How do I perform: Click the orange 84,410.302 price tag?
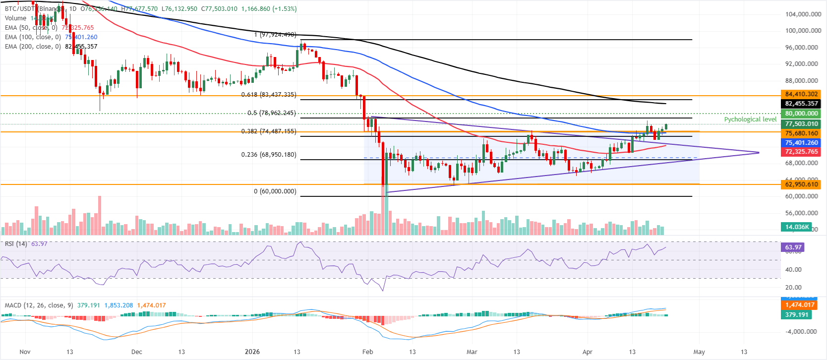click(x=801, y=94)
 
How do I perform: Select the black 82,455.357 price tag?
click(x=801, y=104)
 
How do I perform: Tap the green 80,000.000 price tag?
click(x=801, y=114)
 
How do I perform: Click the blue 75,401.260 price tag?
click(x=801, y=143)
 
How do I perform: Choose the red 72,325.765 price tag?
click(x=801, y=152)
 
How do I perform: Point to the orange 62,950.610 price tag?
click(x=801, y=184)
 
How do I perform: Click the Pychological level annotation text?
click(x=750, y=120)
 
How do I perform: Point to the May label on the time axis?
click(x=699, y=352)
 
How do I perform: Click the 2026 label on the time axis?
click(x=252, y=352)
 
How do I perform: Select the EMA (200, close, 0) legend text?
click(x=33, y=47)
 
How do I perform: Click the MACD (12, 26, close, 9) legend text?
click(x=39, y=305)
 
